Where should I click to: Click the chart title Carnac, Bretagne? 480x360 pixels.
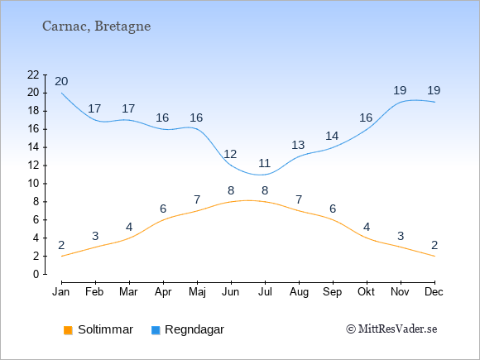(97, 26)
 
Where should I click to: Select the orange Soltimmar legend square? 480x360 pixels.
(68, 330)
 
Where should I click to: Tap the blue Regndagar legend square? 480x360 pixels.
(156, 330)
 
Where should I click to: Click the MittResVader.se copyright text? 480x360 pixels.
(391, 329)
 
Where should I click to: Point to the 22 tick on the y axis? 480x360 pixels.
(33, 74)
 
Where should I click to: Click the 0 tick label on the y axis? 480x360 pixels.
(36, 274)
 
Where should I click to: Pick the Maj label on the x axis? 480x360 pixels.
(197, 292)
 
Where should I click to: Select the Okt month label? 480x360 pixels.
(366, 292)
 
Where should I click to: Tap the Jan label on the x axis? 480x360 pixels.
(61, 292)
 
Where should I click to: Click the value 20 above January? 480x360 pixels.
(61, 81)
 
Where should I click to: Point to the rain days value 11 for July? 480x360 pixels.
(265, 163)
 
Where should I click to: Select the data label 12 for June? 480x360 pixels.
(231, 154)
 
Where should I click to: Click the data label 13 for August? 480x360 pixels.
(298, 145)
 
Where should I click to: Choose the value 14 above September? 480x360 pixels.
(332, 136)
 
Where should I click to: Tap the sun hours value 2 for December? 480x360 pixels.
(434, 245)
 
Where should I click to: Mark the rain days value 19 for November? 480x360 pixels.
(400, 90)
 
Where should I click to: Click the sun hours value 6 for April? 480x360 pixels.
(163, 209)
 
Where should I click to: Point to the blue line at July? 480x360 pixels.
(265, 175)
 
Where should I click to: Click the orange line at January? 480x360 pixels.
(62, 256)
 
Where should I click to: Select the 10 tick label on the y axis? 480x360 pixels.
(33, 184)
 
